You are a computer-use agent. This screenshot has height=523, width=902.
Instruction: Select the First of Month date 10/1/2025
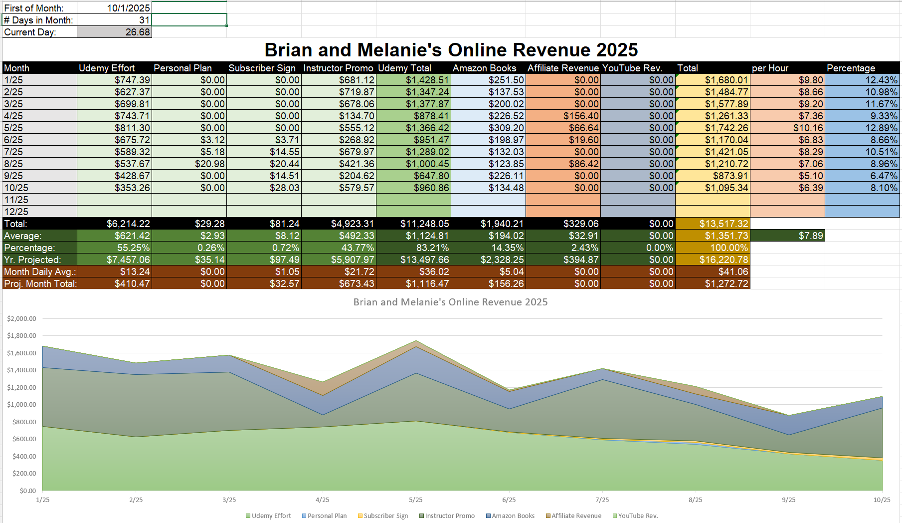pos(128,8)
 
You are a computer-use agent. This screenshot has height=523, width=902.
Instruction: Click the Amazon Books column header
pos(484,68)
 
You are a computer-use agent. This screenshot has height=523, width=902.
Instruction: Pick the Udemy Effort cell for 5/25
pos(132,128)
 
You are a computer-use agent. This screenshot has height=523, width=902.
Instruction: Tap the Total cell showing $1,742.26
pos(726,128)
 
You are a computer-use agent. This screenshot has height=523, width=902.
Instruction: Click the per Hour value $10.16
pos(808,128)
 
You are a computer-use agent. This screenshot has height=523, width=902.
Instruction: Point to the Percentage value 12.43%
pos(881,80)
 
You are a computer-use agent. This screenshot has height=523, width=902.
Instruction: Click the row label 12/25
pos(16,212)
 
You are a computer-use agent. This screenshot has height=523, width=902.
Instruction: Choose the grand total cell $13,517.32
pos(723,224)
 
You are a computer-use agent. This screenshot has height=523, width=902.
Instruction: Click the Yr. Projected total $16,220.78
pos(723,260)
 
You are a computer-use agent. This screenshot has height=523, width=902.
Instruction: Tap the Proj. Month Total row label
pos(40,283)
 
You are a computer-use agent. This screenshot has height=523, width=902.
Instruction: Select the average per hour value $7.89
pos(810,236)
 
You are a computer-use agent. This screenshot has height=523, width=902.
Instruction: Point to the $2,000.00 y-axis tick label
pos(21,318)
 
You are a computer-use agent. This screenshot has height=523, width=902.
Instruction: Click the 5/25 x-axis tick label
pos(415,500)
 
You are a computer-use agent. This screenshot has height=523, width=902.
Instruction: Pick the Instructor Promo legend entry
pos(449,516)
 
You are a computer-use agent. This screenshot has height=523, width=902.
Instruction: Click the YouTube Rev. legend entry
pos(638,516)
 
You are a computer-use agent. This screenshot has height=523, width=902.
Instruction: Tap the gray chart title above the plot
pos(450,302)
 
